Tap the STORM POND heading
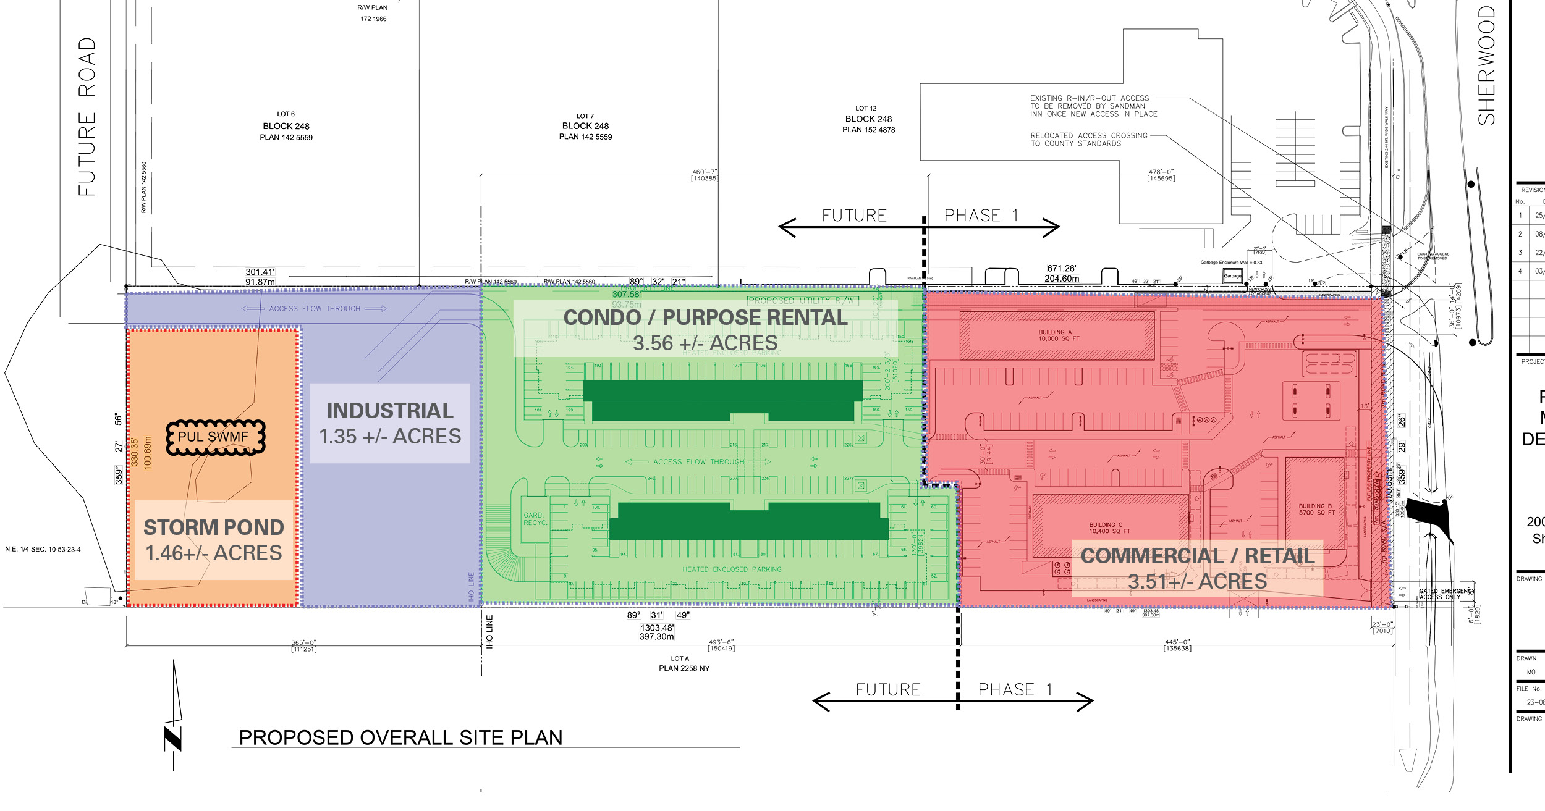tap(214, 527)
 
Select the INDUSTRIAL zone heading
tap(390, 411)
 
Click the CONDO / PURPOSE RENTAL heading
tap(705, 317)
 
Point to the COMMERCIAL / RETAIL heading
tap(1198, 556)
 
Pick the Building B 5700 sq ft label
tap(1316, 510)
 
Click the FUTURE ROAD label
tap(87, 117)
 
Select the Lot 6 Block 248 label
tap(286, 126)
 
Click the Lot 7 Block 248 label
tap(585, 126)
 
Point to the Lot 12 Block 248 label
tap(868, 119)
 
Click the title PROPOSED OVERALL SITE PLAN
tap(400, 738)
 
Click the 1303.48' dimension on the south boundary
tap(657, 628)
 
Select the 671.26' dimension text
tap(1062, 269)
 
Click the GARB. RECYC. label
tap(534, 519)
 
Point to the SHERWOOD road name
tap(1487, 65)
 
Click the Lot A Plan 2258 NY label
tap(684, 663)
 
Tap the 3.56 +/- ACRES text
tap(705, 343)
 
